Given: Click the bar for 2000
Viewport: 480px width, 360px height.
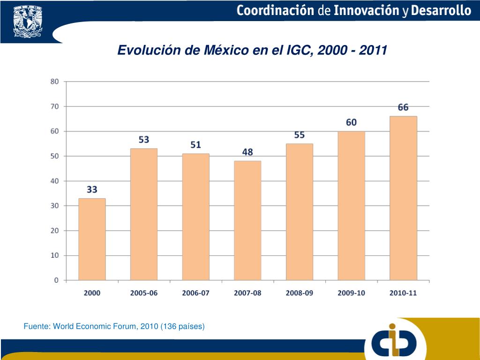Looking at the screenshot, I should click(92, 239).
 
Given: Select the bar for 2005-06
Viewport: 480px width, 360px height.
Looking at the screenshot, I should click(144, 214).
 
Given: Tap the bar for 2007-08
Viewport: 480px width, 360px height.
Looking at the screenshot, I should click(247, 220).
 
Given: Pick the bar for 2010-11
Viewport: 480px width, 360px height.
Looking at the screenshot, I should click(403, 198).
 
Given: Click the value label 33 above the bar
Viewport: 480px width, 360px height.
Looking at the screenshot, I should click(92, 190).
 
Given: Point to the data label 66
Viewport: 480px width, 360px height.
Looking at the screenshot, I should click(403, 107).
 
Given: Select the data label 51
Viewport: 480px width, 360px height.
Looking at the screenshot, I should click(196, 145).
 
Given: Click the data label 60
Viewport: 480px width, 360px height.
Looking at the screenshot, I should click(351, 122).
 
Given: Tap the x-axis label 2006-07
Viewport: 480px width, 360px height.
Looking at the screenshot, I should click(196, 293).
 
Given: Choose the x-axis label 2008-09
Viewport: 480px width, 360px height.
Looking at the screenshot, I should click(300, 293).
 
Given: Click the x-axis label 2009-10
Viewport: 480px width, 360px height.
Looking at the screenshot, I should click(351, 293).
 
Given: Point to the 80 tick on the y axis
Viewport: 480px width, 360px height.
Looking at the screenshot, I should click(55, 82).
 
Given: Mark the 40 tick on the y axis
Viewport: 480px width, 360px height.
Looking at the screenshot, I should click(55, 181).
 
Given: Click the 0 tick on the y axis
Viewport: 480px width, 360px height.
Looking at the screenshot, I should click(57, 280).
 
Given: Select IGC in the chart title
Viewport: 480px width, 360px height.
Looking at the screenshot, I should click(300, 50).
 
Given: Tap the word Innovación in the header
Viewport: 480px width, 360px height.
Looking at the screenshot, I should click(367, 11).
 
